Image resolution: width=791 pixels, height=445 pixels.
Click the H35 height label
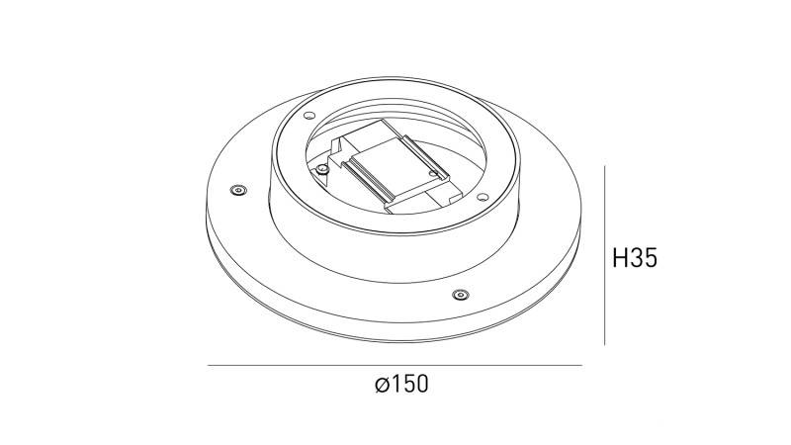coord(635,258)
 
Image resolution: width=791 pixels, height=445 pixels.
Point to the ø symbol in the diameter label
coord(382,386)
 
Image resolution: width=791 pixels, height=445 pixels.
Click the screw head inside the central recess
coord(323,169)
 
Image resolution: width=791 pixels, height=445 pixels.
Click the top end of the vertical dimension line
coord(604,167)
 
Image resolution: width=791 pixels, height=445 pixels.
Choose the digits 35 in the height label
coord(645,258)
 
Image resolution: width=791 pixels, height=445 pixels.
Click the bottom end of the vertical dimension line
coord(604,344)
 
